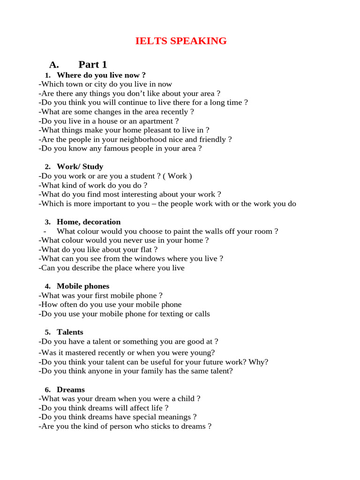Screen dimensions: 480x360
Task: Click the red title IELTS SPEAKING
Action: pyautogui.click(x=181, y=41)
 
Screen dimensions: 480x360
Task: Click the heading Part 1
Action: pyautogui.click(x=93, y=65)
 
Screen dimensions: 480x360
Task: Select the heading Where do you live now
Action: pyautogui.click(x=101, y=75)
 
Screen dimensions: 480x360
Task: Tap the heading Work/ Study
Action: pyautogui.click(x=80, y=166)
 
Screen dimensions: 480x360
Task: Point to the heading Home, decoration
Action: pyautogui.click(x=89, y=222)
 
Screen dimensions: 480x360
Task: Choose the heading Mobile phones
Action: pyautogui.click(x=83, y=286)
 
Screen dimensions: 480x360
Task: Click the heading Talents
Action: pyautogui.click(x=70, y=332)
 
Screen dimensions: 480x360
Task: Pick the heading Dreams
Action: pyautogui.click(x=71, y=390)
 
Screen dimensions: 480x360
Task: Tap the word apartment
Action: pyautogui.click(x=157, y=121)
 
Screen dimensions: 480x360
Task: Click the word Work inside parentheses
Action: pyautogui.click(x=177, y=176)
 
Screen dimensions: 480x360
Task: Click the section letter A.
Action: pyautogui.click(x=54, y=65)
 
